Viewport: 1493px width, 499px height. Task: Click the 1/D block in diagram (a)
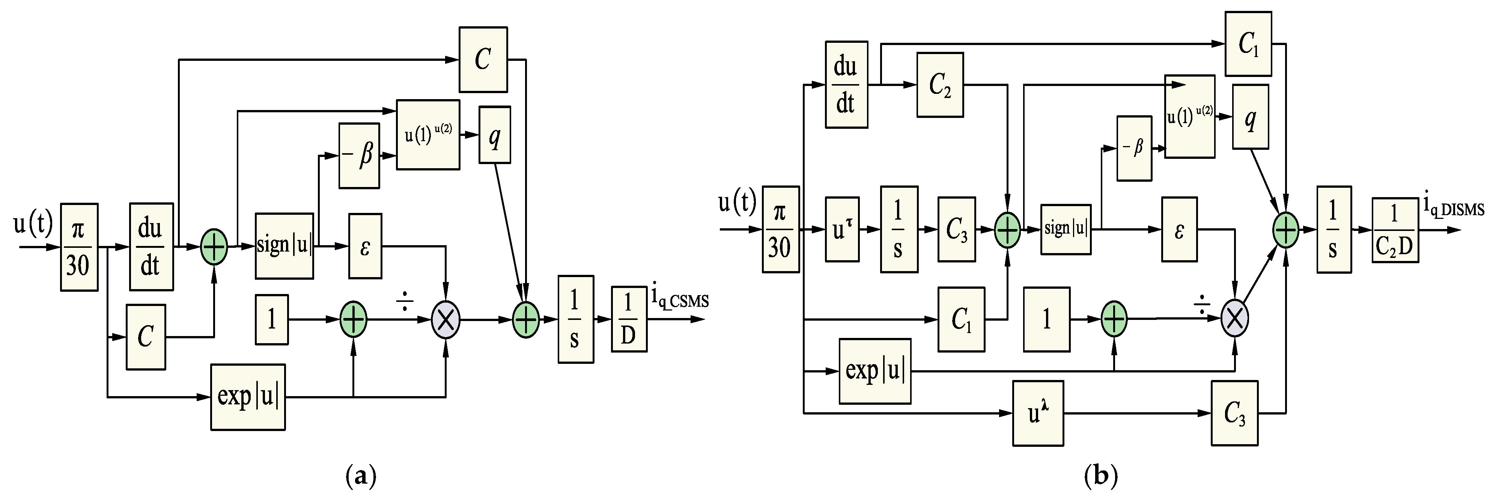pos(629,319)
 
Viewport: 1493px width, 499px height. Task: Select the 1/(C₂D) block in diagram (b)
pos(1395,230)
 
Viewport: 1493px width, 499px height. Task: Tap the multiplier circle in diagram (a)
pos(446,319)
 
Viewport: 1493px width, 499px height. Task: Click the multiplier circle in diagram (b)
pos(1234,318)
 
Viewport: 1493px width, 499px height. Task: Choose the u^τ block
pos(841,229)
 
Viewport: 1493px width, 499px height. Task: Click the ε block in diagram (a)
pos(364,246)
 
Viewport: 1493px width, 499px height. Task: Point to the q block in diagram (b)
pos(1250,116)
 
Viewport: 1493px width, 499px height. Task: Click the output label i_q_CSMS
pos(679,298)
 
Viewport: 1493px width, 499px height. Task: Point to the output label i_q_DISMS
pos(1454,207)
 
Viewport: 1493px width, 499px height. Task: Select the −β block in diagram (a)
pos(359,155)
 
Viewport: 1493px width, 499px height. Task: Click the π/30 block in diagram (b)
pos(780,229)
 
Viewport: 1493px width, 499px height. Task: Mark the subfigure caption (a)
pos(361,476)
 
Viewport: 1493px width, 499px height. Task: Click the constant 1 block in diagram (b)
pos(1046,319)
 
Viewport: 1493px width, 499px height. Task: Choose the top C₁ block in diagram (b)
pos(1248,44)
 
